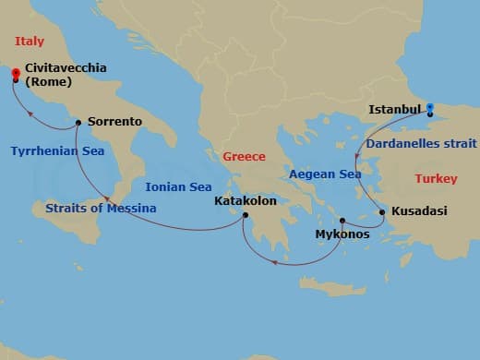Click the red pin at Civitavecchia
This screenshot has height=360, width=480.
16,74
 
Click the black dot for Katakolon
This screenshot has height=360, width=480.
246,216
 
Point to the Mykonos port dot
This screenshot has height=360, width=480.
342,221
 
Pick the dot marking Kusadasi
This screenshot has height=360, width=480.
382,212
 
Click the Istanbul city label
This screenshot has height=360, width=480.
395,110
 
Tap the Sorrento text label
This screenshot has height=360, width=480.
114,121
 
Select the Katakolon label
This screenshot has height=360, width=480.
245,199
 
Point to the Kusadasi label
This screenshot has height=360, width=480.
419,211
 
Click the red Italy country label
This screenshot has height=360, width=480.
30,40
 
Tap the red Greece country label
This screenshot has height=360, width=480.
244,157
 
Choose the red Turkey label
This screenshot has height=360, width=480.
436,178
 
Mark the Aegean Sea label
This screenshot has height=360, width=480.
325,174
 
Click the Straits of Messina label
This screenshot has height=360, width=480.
100,208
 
